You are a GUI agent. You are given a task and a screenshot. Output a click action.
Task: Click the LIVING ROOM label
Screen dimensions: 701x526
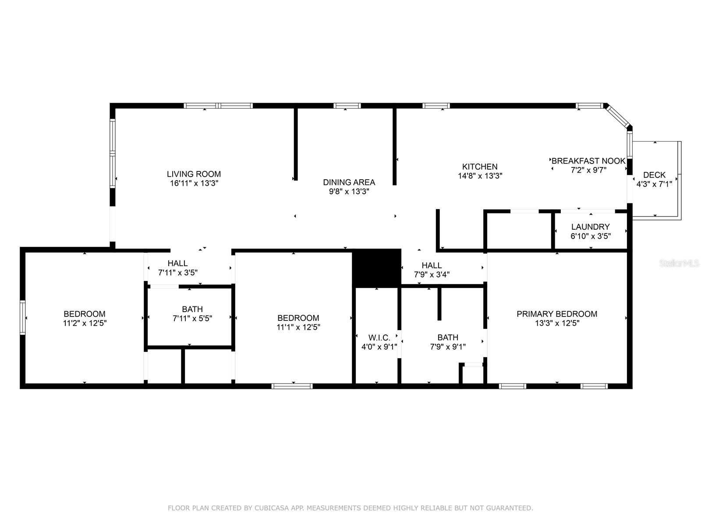(x=194, y=174)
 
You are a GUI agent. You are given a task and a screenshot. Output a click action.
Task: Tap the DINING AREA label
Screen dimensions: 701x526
(x=349, y=182)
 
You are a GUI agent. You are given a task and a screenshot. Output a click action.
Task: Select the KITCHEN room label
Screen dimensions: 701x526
(x=480, y=167)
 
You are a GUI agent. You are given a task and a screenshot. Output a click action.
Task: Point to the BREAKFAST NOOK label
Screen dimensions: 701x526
(x=588, y=161)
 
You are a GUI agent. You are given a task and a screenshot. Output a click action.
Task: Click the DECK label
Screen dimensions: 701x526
(x=654, y=175)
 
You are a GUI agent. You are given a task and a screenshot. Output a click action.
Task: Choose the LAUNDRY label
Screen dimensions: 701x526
(x=590, y=227)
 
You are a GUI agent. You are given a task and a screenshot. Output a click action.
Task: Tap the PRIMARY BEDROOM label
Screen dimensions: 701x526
(x=557, y=314)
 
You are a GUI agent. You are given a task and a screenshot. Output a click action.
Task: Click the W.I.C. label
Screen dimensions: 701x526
(x=379, y=338)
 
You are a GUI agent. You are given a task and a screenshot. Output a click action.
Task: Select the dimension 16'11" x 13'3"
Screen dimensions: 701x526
(x=194, y=183)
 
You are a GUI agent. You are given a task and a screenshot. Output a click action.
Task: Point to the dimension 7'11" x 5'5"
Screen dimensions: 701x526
(x=192, y=318)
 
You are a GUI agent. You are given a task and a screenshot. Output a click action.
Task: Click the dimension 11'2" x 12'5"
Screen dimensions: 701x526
(x=85, y=323)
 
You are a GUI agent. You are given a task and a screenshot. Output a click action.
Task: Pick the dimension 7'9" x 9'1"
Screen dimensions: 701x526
(x=448, y=347)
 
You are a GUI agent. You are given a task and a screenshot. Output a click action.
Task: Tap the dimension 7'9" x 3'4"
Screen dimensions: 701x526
(x=432, y=275)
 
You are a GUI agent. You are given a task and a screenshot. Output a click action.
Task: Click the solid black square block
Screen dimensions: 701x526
(x=376, y=268)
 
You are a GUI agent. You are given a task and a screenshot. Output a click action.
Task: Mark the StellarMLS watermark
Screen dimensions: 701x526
(x=679, y=263)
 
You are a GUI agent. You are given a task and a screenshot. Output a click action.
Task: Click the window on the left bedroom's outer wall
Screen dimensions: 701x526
(x=22, y=317)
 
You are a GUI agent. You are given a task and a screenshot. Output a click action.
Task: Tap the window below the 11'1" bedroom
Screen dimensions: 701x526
(x=292, y=386)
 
